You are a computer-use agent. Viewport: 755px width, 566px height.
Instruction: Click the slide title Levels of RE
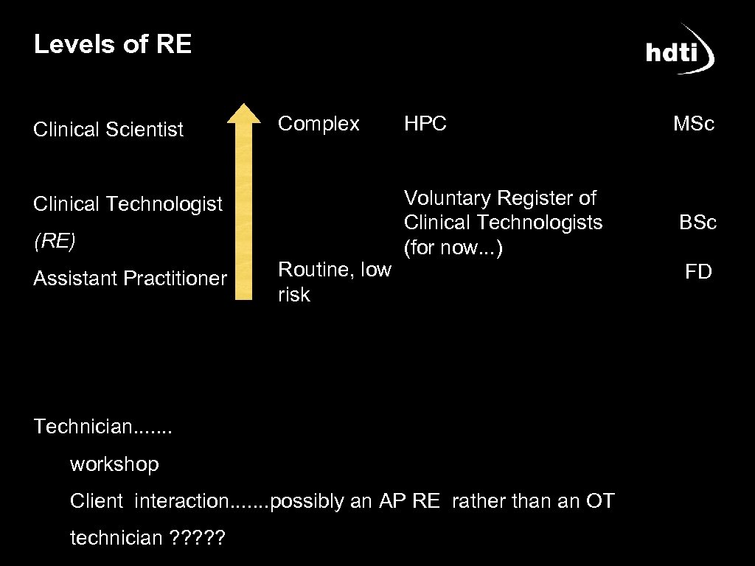[113, 45]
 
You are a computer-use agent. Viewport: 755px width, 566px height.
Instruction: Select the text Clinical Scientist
[108, 130]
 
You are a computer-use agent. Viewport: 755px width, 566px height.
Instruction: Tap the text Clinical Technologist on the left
[128, 204]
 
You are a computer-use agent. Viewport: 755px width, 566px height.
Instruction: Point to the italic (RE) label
[55, 241]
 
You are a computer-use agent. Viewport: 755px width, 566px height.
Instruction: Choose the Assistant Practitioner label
[131, 279]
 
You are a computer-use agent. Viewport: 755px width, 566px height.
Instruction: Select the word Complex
[319, 124]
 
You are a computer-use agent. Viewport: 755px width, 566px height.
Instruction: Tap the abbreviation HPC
[425, 125]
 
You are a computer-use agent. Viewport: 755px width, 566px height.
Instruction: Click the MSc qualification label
[694, 125]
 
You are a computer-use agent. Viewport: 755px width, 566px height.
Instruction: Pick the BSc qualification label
[697, 223]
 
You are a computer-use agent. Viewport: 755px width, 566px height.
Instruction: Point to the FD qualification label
[698, 273]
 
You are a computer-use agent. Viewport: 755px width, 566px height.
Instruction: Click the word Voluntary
[448, 198]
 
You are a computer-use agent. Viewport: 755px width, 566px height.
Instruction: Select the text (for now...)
[453, 248]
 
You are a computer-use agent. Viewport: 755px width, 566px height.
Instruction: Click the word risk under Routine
[294, 295]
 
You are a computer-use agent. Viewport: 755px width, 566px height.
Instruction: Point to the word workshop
[114, 464]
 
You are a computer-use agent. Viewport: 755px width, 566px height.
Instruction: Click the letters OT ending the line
[599, 502]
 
